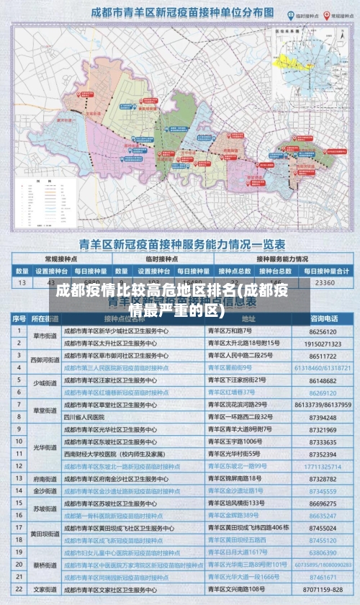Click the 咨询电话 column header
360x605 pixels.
(323, 318)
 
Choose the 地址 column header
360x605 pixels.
(248, 318)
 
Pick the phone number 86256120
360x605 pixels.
(323, 331)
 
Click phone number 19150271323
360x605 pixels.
(323, 344)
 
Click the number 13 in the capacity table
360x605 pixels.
(21, 283)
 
